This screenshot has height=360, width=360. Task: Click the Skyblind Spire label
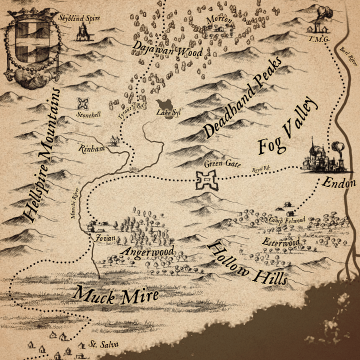79,18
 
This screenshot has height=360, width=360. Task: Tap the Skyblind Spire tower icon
82,33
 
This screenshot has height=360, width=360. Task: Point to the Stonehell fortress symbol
83,103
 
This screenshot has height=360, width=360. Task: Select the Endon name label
338,182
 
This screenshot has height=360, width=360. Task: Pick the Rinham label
91,148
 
